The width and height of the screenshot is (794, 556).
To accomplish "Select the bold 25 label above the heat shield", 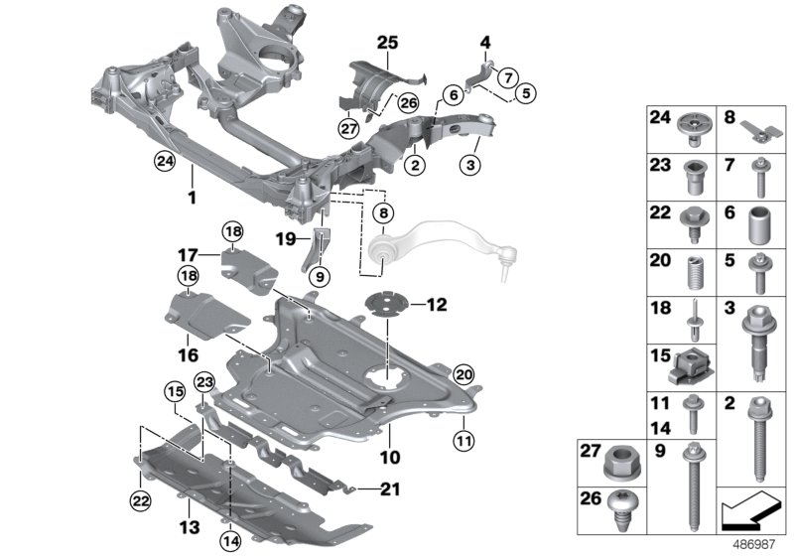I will click(x=386, y=42).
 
